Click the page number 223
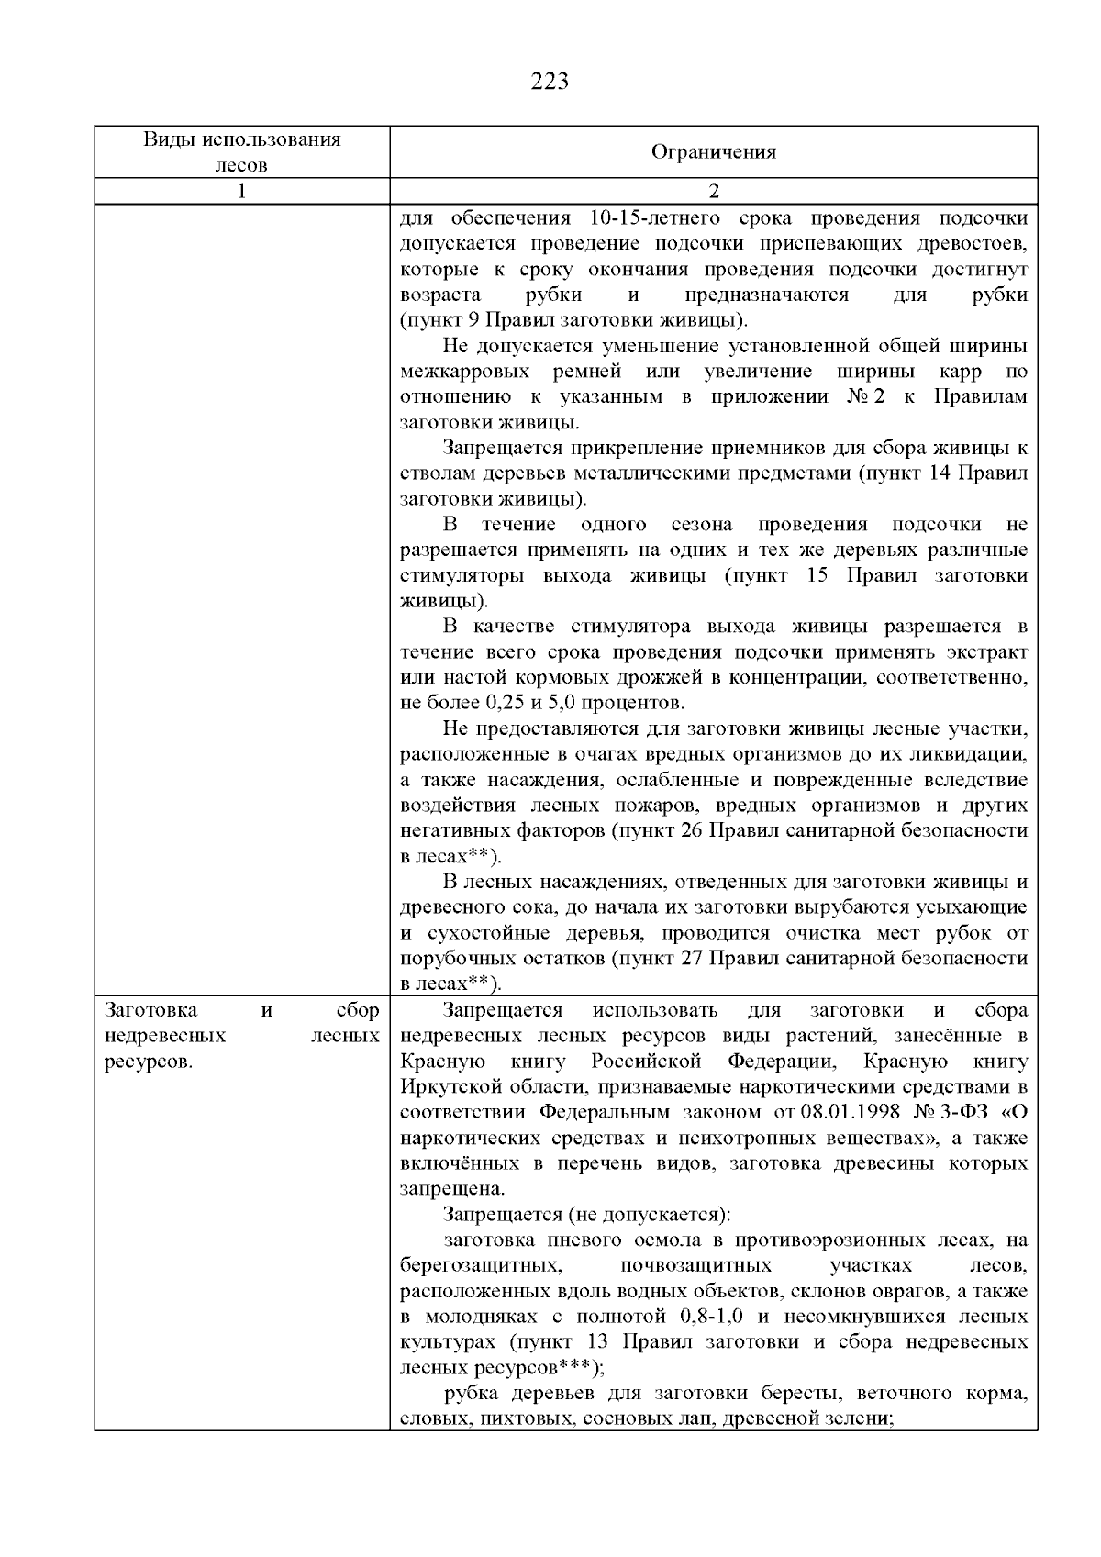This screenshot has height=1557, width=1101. [x=550, y=82]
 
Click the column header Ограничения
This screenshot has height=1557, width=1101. [x=714, y=152]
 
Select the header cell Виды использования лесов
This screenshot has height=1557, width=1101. [x=241, y=152]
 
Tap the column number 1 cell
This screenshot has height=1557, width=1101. [x=241, y=191]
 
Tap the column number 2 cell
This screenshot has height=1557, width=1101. [x=714, y=191]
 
